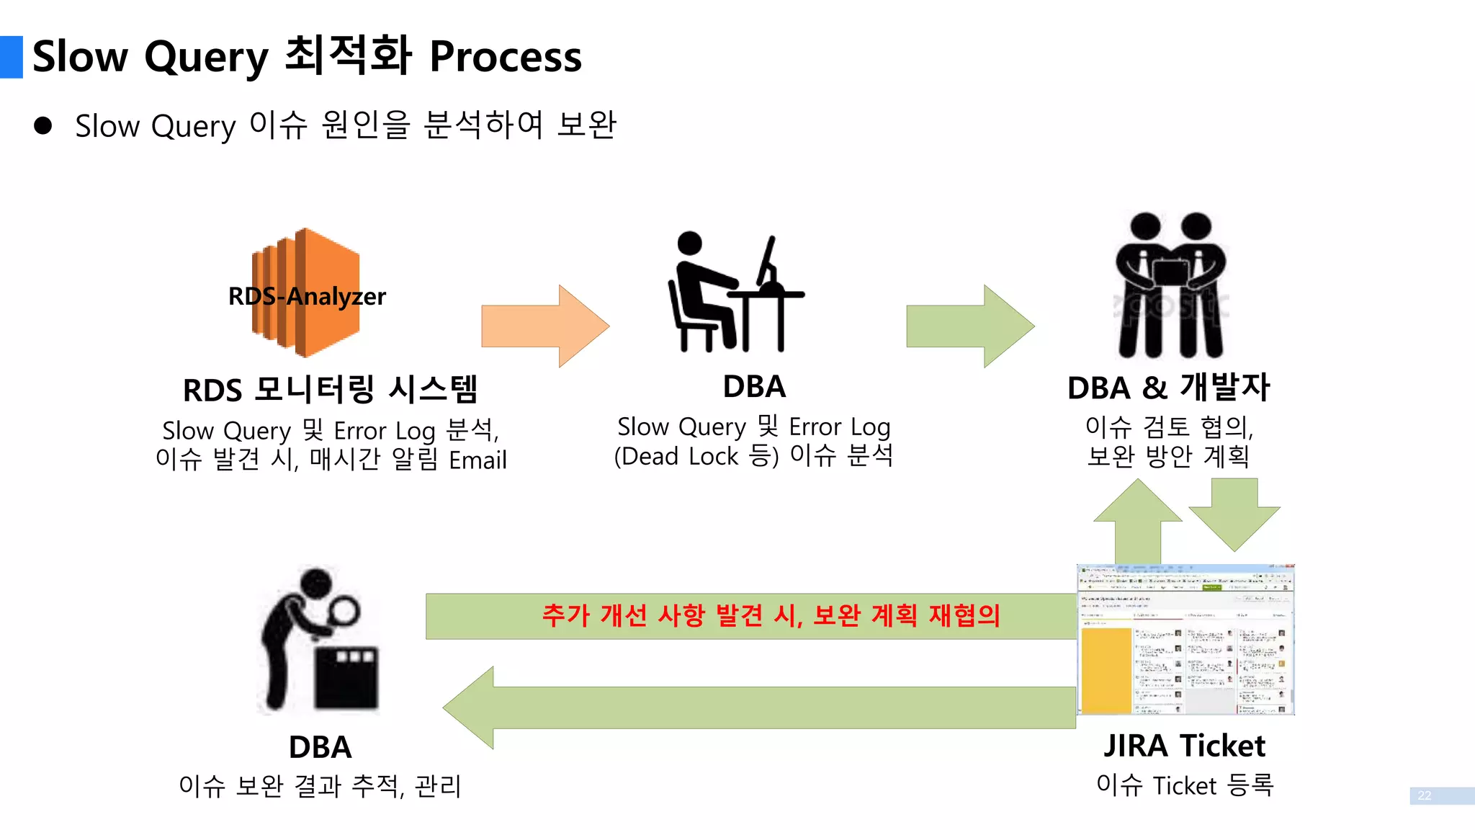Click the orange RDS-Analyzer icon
[306, 293]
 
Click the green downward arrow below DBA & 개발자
[1234, 513]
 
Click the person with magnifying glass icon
[319, 641]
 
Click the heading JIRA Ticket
[1184, 746]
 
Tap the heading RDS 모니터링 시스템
[331, 390]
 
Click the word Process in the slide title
[506, 57]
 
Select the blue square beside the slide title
[12, 57]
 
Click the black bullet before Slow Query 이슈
[43, 126]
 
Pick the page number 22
[1425, 795]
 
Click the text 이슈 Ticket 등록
[1185, 785]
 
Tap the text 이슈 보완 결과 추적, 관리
[320, 785]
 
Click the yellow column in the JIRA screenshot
[1106, 670]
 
